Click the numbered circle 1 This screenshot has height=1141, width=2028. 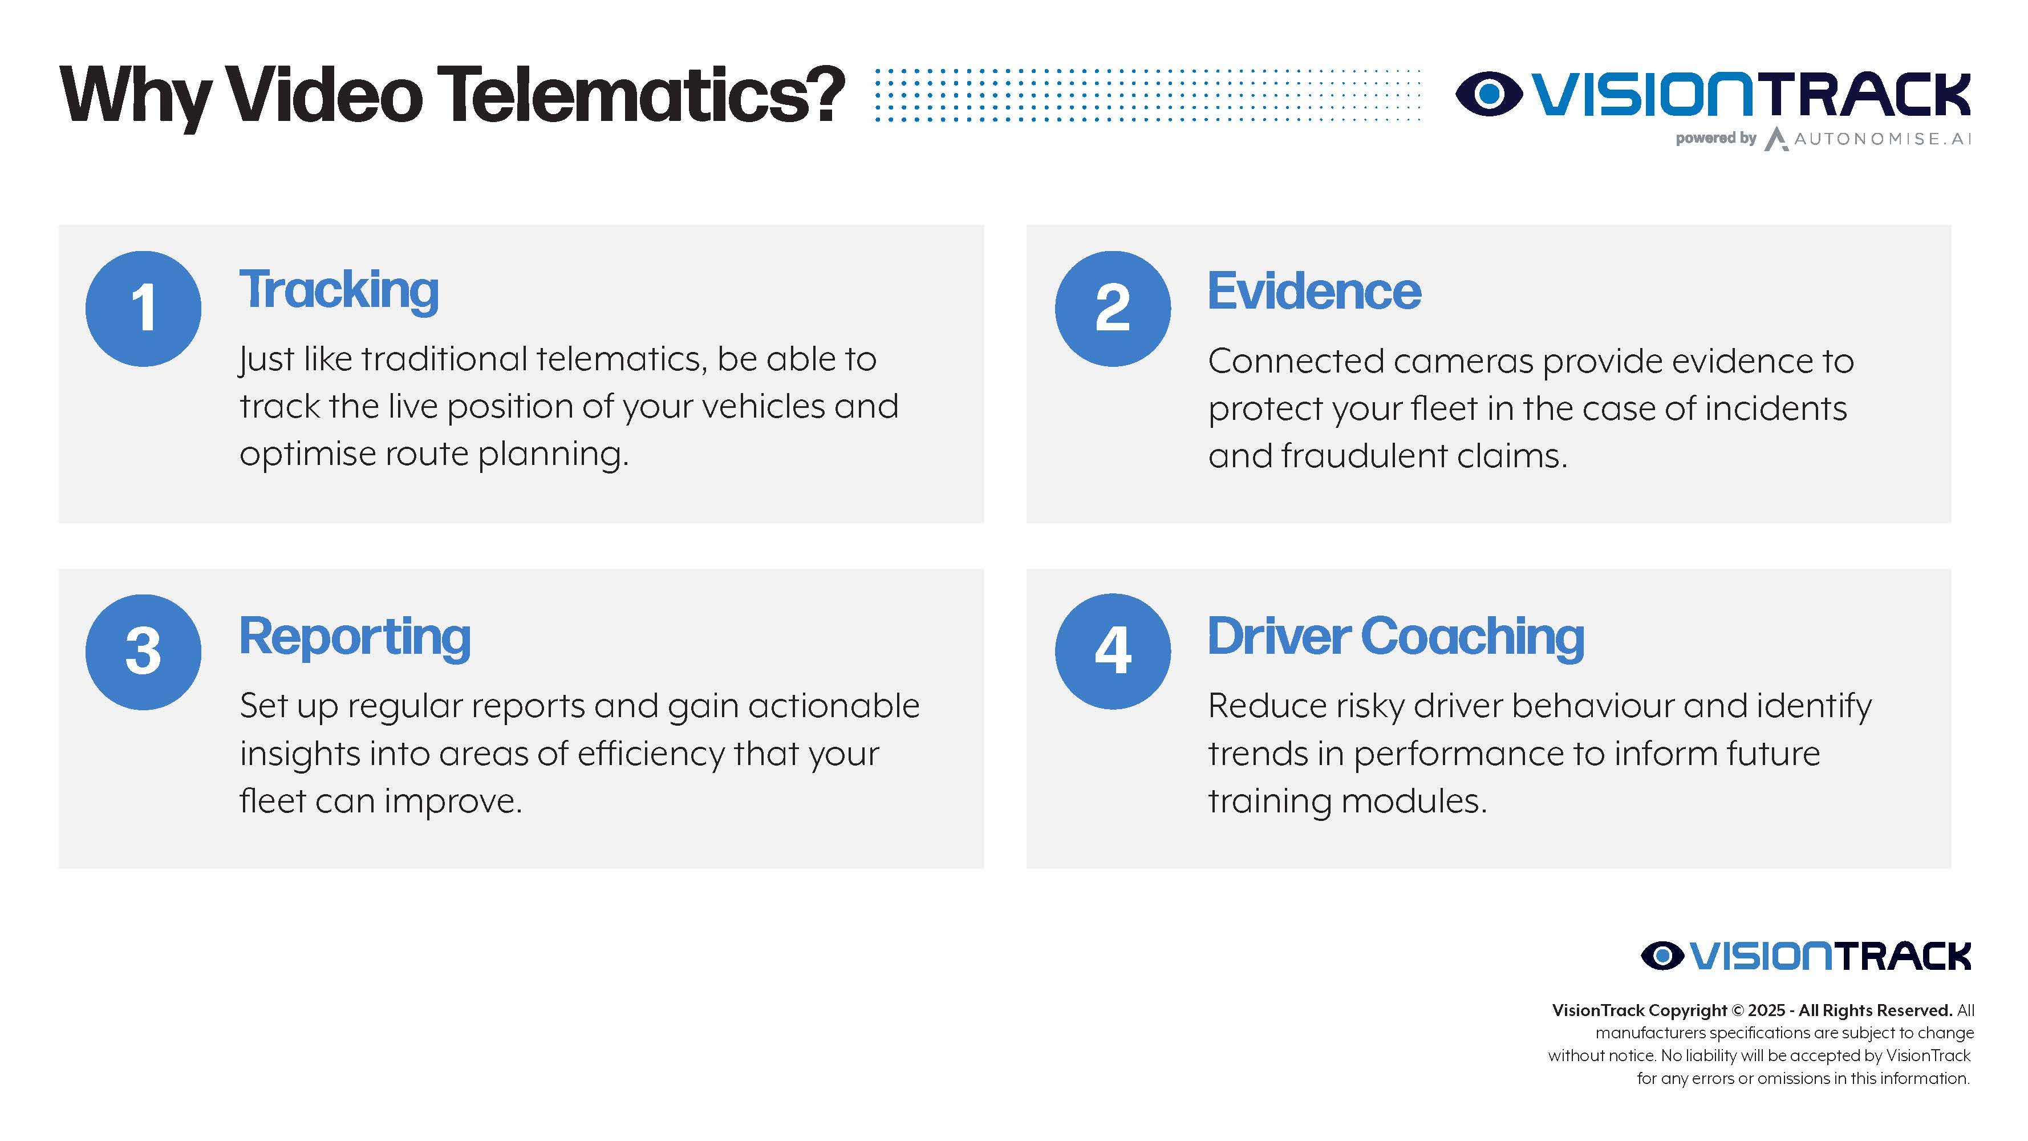point(143,309)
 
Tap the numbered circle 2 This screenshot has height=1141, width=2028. point(1113,309)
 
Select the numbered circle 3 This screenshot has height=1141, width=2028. point(143,652)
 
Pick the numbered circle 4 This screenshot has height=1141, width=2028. point(1113,651)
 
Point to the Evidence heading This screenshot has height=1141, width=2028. point(1314,290)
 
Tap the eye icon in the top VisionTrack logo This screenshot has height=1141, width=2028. point(1488,94)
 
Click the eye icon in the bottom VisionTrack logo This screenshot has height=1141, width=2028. point(1662,956)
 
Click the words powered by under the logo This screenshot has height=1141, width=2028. point(1715,139)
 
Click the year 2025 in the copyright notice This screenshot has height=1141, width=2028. point(1766,1010)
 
